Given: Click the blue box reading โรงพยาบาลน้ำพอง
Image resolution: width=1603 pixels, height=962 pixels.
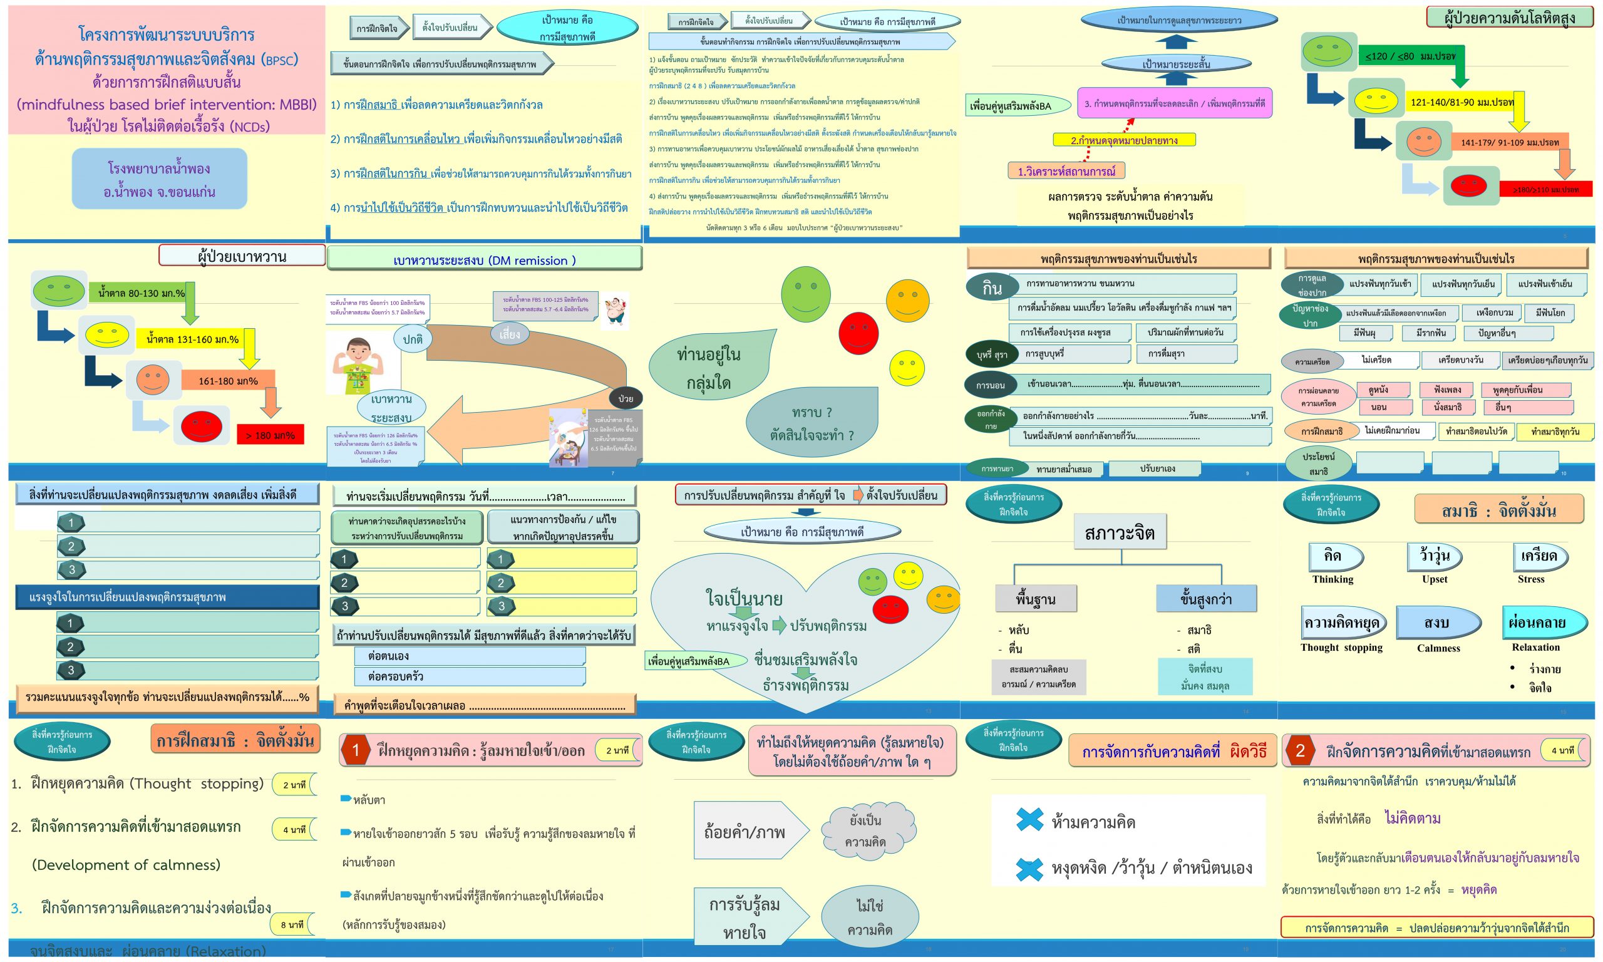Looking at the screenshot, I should pyautogui.click(x=160, y=179).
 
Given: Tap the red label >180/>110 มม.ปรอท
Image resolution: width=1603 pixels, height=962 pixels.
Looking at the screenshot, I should pyautogui.click(x=1545, y=189).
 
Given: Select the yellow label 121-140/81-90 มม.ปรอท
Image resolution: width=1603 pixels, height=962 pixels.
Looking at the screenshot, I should pyautogui.click(x=1461, y=103).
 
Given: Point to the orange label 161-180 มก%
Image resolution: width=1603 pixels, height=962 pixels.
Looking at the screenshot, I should pyautogui.click(x=227, y=381).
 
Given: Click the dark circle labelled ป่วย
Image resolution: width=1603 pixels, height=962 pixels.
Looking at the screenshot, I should pyautogui.click(x=626, y=398).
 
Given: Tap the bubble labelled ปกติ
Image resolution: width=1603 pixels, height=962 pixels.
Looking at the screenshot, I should pyautogui.click(x=413, y=339).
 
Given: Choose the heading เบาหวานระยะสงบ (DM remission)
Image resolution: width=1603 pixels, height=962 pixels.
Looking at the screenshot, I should pyautogui.click(x=484, y=261).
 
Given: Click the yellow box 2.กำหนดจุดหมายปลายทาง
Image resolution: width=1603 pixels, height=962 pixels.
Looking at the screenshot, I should pyautogui.click(x=1123, y=140).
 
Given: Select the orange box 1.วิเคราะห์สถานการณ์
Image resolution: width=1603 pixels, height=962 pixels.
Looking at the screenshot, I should pyautogui.click(x=1066, y=171).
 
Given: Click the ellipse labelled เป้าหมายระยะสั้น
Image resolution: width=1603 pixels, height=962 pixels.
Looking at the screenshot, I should pyautogui.click(x=1175, y=63).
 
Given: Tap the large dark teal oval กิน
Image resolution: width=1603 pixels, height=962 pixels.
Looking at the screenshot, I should pyautogui.click(x=991, y=289).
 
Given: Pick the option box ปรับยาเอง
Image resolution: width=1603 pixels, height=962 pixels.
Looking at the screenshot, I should pyautogui.click(x=1157, y=468).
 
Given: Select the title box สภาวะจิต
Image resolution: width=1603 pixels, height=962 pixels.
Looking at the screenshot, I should pyautogui.click(x=1119, y=532).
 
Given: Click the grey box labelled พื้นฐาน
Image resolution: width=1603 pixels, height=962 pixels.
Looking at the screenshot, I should pyautogui.click(x=1036, y=599).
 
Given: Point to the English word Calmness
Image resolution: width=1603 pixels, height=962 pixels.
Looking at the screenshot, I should pyautogui.click(x=1438, y=648).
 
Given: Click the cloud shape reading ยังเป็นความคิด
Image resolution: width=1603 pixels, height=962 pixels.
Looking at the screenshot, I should pyautogui.click(x=865, y=831).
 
